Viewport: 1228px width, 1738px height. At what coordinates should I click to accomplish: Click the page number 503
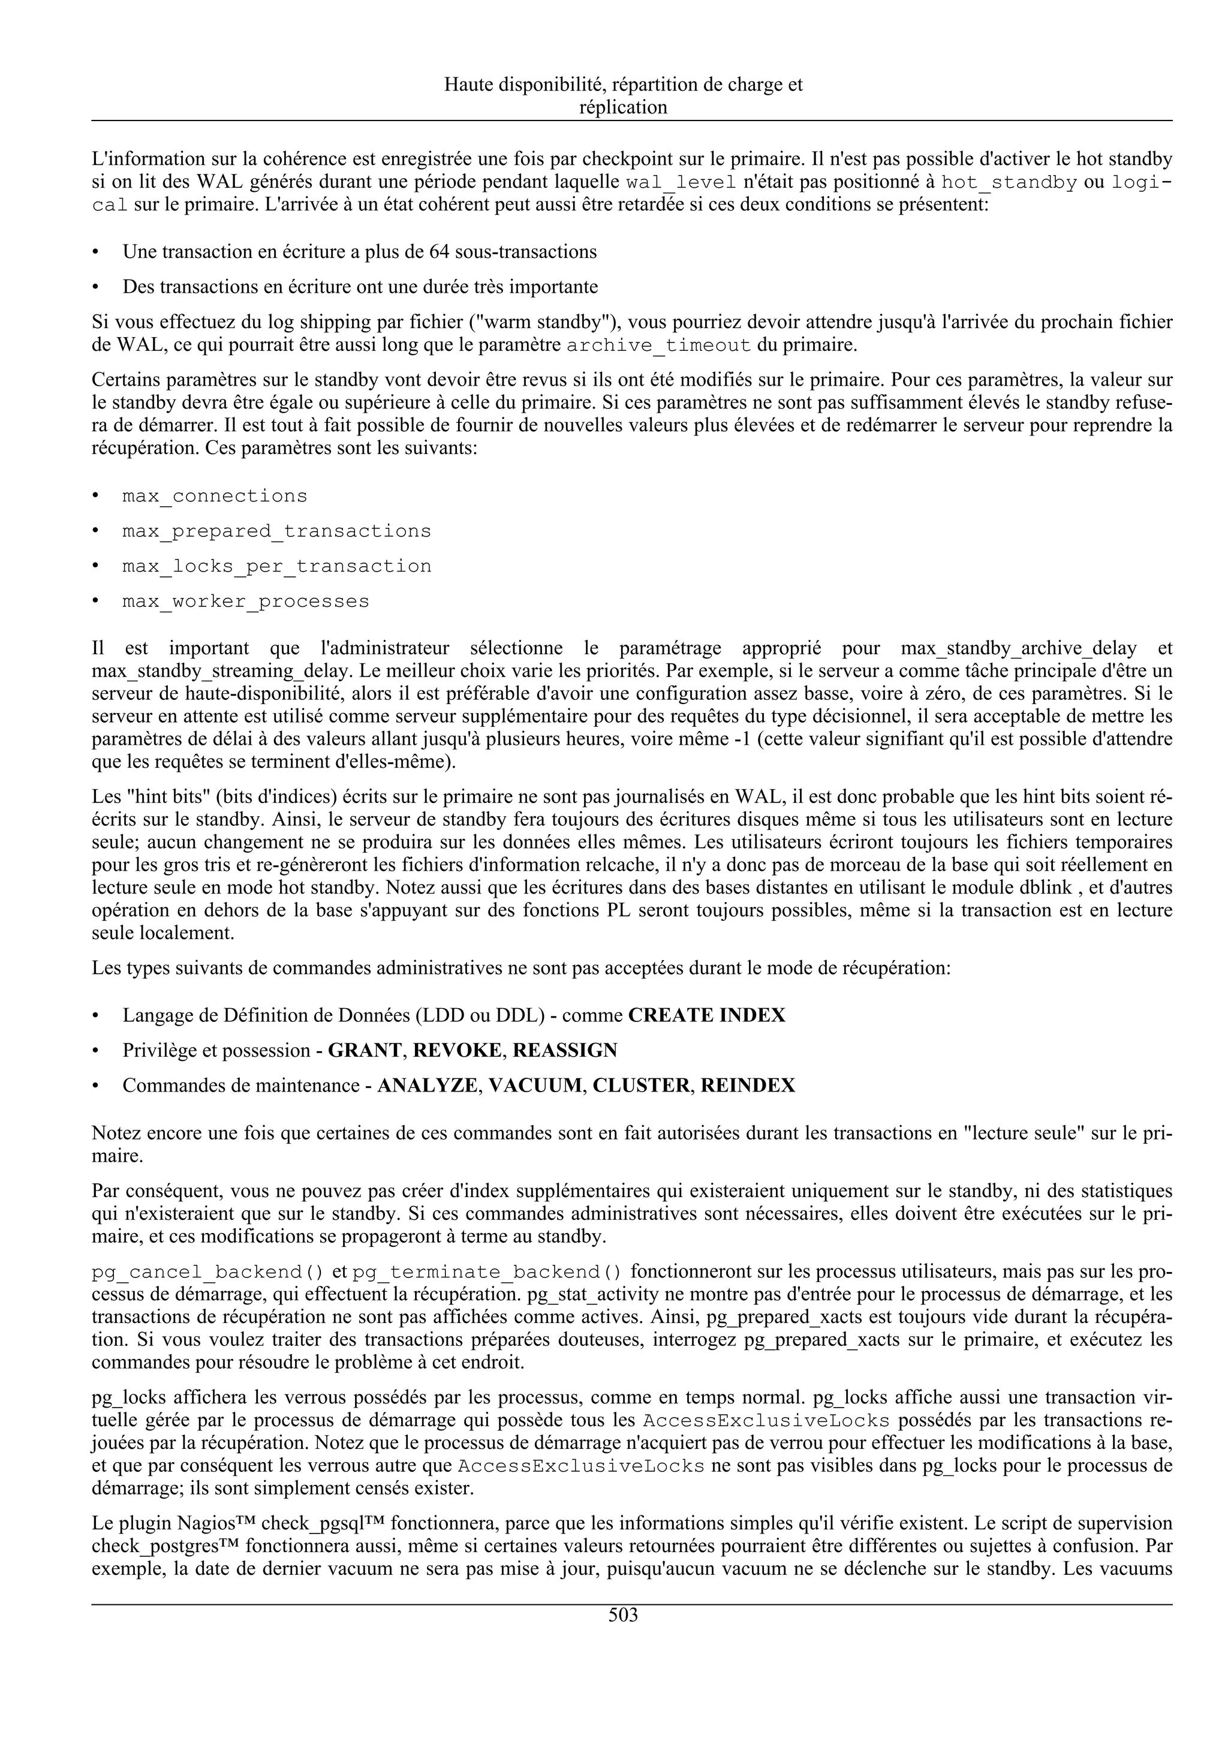(x=623, y=1616)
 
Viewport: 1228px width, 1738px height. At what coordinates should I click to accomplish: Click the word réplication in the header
(x=623, y=107)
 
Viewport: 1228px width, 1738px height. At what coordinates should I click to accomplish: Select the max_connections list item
(x=215, y=496)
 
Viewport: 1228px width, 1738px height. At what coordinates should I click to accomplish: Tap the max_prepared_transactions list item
(x=277, y=531)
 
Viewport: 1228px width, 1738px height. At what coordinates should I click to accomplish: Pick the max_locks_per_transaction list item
(x=277, y=566)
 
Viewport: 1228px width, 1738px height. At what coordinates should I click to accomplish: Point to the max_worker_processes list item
(x=246, y=602)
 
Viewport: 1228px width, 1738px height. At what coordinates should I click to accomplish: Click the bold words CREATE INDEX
(x=707, y=1015)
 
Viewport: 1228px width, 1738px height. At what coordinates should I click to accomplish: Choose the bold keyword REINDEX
(x=748, y=1086)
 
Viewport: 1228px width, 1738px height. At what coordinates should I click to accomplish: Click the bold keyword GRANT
(x=365, y=1050)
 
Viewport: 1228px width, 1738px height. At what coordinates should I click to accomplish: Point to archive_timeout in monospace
(x=658, y=347)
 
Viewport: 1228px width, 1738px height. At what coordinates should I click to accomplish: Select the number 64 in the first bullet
(x=440, y=251)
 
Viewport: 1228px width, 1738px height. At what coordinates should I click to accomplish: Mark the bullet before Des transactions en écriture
(x=95, y=287)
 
